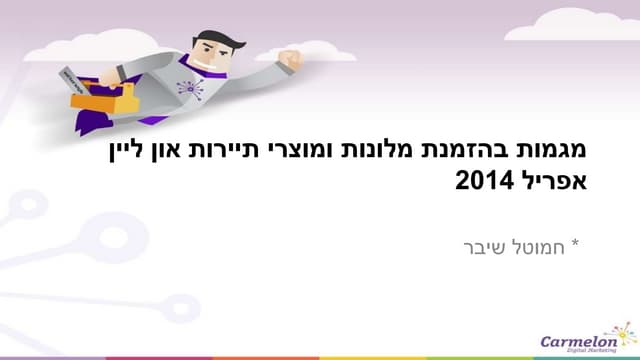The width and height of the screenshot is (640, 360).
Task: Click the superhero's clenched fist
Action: (291, 60)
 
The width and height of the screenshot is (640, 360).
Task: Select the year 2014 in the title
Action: (486, 183)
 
